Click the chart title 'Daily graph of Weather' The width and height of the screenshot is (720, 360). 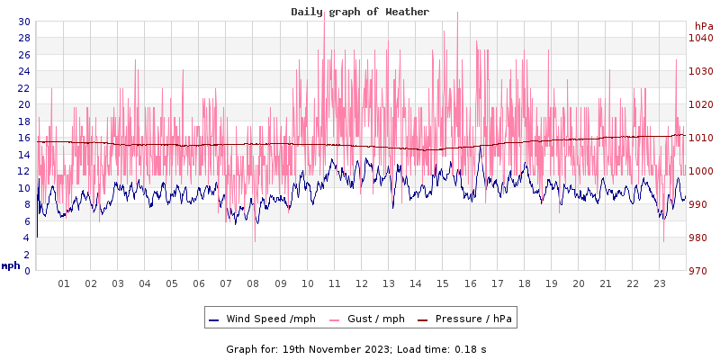click(360, 12)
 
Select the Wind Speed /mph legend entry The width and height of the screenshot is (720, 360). click(262, 319)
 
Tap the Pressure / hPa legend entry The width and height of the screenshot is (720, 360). click(465, 319)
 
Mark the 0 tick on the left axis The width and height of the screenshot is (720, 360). click(27, 271)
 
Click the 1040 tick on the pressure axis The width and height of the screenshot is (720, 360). click(701, 38)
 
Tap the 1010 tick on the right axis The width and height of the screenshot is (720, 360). click(701, 138)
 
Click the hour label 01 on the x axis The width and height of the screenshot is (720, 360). click(64, 283)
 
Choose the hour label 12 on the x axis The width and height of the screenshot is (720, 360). click(362, 283)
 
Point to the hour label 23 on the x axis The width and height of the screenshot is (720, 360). click(660, 283)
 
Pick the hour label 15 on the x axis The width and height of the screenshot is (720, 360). click(443, 283)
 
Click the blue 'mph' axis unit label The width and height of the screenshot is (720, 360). click(11, 265)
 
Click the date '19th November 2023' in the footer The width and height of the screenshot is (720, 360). click(337, 348)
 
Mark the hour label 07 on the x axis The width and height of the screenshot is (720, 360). click(226, 283)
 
